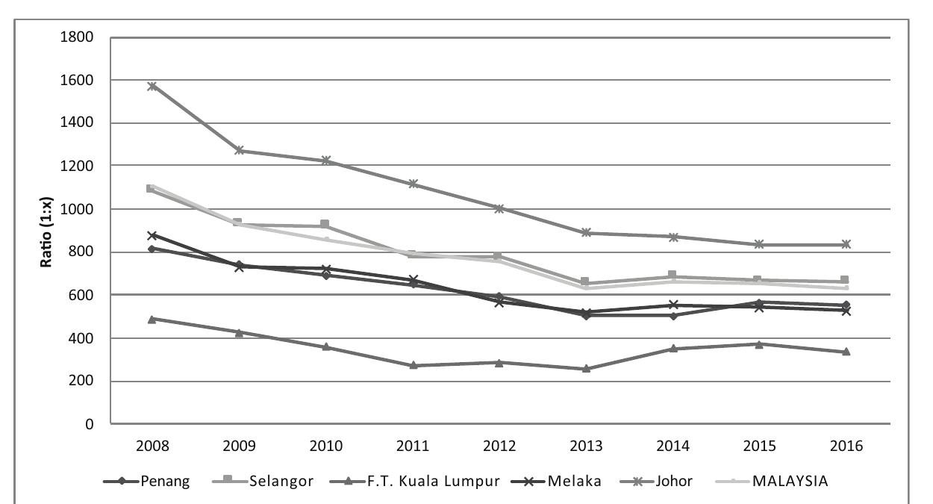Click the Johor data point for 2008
pos(153,86)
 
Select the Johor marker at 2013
pos(586,233)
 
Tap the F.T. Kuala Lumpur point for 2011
pos(413,365)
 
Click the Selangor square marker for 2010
pos(326,225)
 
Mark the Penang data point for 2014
pos(673,315)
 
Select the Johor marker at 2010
pos(326,161)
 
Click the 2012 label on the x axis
pos(499,447)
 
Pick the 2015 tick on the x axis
pos(759,447)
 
